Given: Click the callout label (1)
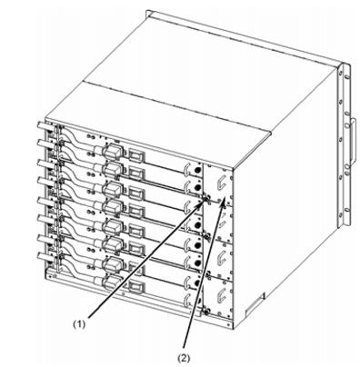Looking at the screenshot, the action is click(79, 324).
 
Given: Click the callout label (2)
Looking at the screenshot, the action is click(184, 358).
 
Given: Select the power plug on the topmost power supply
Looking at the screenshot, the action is click(112, 151).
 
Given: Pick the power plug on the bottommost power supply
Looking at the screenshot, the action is click(112, 282).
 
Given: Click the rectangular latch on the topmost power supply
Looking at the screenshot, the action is click(136, 156).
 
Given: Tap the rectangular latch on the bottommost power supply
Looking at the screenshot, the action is click(136, 286).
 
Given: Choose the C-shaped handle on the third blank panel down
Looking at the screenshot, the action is click(221, 257).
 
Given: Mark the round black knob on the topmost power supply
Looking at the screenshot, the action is click(198, 170).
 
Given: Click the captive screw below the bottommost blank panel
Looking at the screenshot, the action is click(205, 311).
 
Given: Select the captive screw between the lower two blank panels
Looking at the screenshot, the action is click(208, 274).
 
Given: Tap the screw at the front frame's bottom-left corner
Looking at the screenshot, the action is click(54, 276).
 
